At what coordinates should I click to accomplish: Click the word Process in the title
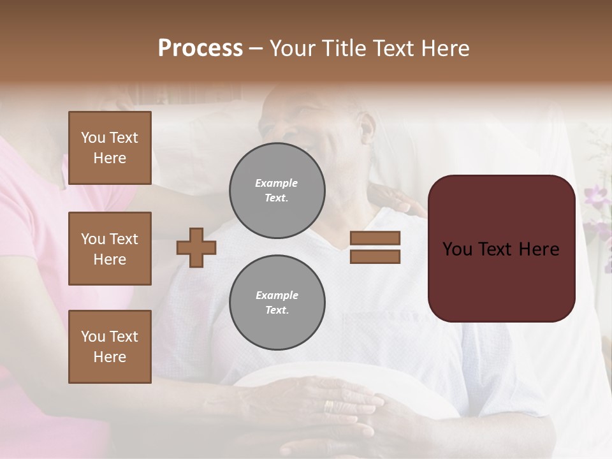point(200,48)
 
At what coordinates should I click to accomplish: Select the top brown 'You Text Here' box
point(110,148)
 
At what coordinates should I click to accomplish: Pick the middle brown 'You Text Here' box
point(110,249)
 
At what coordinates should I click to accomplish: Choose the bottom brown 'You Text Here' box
point(110,346)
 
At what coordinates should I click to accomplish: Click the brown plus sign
point(196,247)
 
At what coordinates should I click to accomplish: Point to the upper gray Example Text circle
point(277,191)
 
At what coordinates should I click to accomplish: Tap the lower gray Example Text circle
point(277,303)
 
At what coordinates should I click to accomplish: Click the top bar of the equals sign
point(375,238)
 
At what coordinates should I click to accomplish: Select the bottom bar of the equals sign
point(375,256)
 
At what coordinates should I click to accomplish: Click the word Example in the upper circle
point(276,183)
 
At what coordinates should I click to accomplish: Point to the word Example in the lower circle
point(277,295)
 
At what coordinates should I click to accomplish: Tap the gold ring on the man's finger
point(328,406)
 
